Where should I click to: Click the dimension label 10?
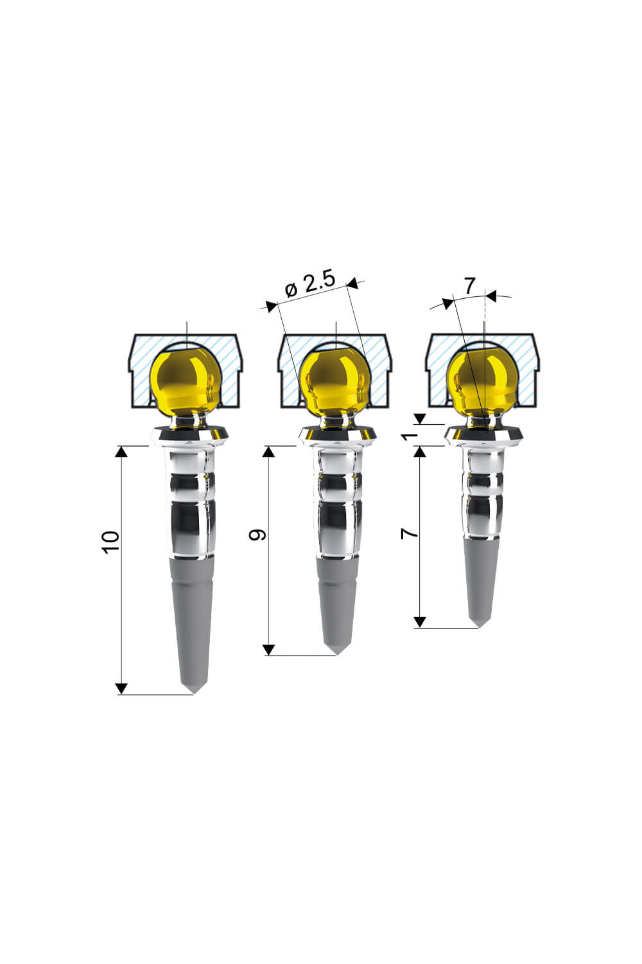[110, 542]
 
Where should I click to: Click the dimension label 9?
[257, 535]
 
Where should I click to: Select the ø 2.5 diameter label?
[309, 284]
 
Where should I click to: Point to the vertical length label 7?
[410, 533]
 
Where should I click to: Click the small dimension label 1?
[410, 436]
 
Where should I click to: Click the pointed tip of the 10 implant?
[194, 693]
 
